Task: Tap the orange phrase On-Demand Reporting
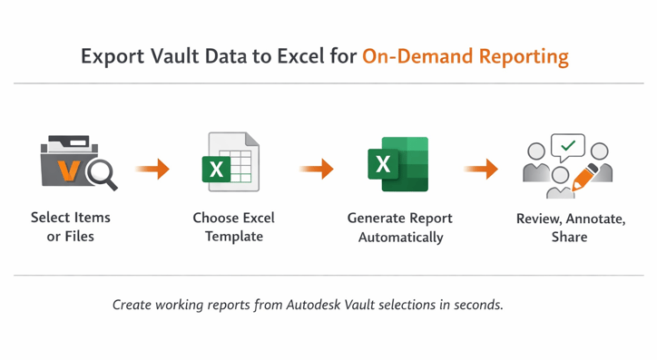[466, 57]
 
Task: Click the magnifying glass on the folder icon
[101, 173]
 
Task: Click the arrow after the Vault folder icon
[152, 169]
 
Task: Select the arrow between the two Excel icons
[317, 169]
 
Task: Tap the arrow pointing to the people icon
[481, 169]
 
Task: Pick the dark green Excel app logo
[397, 164]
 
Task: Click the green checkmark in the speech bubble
[568, 145]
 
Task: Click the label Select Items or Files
[71, 227]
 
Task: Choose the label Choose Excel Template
[233, 227]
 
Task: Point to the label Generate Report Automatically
[400, 228]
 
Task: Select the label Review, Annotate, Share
[571, 228]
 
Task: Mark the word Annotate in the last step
[594, 219]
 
